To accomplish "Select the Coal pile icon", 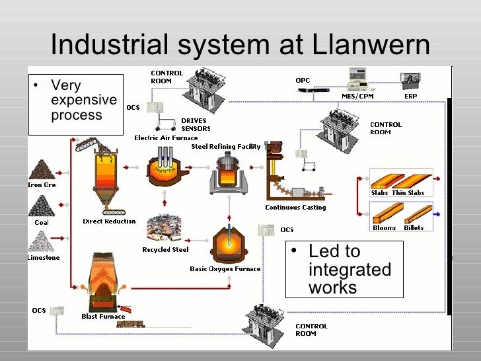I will coord(42,206).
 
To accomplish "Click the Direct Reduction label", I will coord(109,221).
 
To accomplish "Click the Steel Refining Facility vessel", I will coord(228,173).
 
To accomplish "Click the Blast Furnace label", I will coord(103,317).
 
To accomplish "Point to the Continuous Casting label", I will coord(295,208).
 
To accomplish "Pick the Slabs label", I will coord(379,193).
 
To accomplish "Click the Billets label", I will coord(414,228).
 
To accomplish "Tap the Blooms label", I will coord(384,228).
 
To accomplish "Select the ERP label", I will coord(410,97).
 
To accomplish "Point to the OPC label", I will coord(303,81).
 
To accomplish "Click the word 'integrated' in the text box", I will coord(350,270).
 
